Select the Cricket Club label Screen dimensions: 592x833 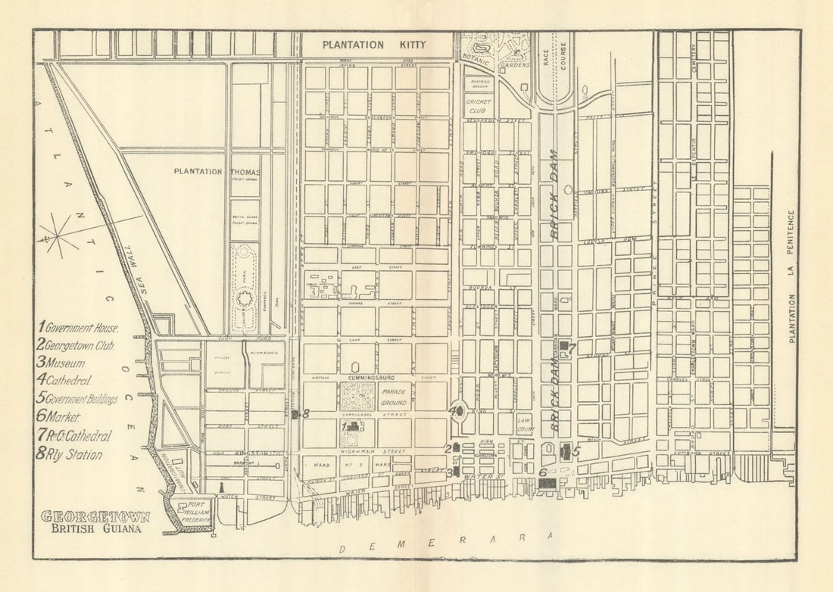[x=479, y=105]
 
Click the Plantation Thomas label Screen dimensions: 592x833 [x=217, y=171]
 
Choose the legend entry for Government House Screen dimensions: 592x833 [x=77, y=328]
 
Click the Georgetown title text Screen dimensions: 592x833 [x=95, y=516]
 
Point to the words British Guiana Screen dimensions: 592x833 [x=95, y=529]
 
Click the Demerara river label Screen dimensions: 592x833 [x=448, y=544]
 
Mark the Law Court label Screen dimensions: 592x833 [x=525, y=422]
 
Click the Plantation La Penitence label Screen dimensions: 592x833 [x=792, y=276]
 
